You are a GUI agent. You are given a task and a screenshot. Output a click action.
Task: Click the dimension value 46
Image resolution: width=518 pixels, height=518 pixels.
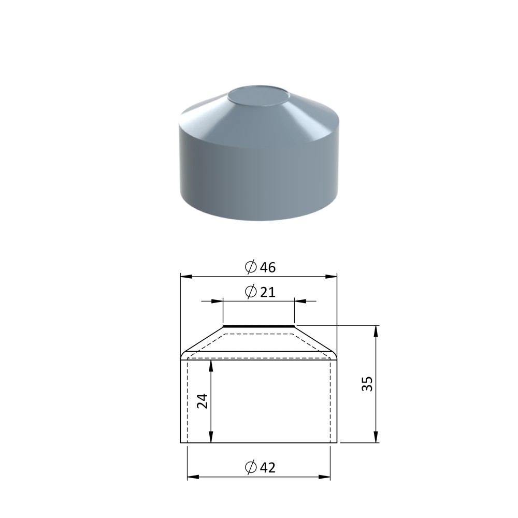coord(268,267)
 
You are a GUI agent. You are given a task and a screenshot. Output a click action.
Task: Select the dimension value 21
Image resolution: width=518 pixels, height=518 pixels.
coord(268,292)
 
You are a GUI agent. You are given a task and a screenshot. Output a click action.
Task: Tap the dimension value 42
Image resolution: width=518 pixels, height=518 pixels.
coord(268,467)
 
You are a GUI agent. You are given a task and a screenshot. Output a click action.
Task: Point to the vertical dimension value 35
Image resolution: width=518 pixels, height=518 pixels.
coord(367,384)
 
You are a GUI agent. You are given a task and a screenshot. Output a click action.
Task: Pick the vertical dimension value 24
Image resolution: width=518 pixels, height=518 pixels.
coord(202,401)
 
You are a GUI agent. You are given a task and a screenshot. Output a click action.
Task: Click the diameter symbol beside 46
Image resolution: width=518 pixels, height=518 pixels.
coord(251,267)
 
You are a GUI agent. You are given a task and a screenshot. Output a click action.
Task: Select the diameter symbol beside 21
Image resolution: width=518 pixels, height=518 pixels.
coord(251,292)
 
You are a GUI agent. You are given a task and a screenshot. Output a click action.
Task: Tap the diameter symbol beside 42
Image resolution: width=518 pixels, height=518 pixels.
coord(251,467)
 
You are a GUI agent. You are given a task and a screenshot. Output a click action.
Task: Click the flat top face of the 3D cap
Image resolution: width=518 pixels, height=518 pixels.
coord(258,97)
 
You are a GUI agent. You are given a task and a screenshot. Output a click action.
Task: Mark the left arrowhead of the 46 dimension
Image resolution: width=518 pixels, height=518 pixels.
coord(186,277)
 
